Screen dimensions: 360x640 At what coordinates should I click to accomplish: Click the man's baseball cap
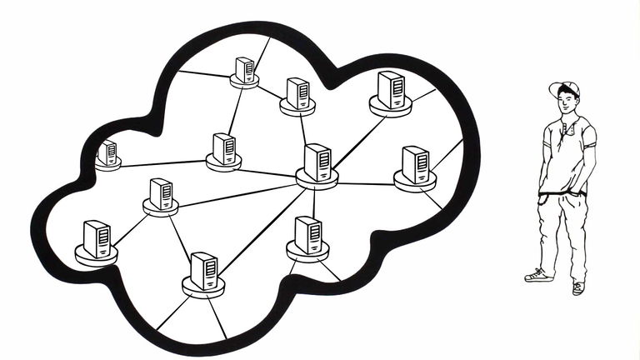point(564,87)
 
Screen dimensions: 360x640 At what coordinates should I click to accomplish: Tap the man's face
point(567,102)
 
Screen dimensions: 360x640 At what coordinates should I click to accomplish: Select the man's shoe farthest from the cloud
point(578,287)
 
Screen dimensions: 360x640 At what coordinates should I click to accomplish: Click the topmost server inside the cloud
point(244,70)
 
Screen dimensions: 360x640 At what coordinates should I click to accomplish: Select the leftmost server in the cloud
point(107,154)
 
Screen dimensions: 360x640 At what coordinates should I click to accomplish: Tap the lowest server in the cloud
point(204,271)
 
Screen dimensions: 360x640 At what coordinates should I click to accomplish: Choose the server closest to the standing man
point(414,165)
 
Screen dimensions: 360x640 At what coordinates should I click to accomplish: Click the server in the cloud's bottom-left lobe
point(97,239)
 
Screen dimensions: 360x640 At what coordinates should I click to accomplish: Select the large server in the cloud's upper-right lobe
point(390,90)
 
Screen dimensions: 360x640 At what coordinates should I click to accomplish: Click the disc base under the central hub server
point(317,179)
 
